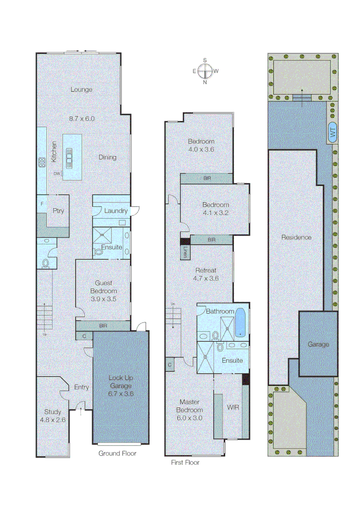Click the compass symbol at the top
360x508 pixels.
pyautogui.click(x=205, y=71)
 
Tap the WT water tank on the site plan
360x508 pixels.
pyautogui.click(x=333, y=134)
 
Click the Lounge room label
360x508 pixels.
pyautogui.click(x=81, y=89)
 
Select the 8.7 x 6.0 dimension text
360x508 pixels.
pyautogui.click(x=82, y=119)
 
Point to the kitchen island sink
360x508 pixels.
pyautogui.click(x=70, y=156)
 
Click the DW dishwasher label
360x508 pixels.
pyautogui.click(x=57, y=174)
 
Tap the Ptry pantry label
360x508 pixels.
pyautogui.click(x=58, y=211)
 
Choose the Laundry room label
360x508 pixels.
pyautogui.click(x=116, y=211)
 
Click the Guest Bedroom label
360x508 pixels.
pyautogui.click(x=103, y=287)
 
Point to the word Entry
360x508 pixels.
pyautogui.click(x=81, y=387)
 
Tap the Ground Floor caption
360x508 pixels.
pyautogui.click(x=117, y=453)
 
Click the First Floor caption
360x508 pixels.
pyautogui.click(x=185, y=462)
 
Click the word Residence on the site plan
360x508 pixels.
pyautogui.click(x=296, y=237)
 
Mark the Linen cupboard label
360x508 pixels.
pyautogui.click(x=185, y=252)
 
